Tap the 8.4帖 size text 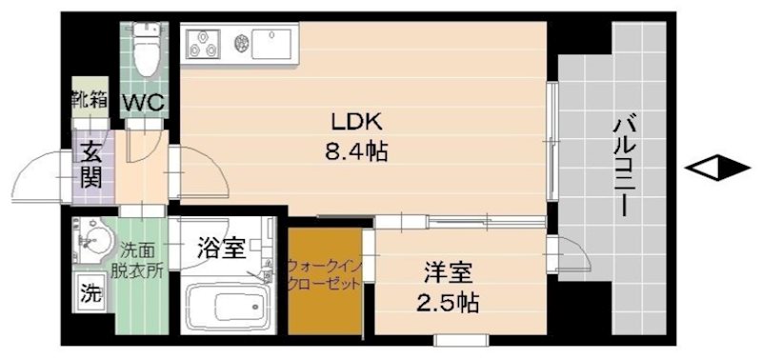click(356, 151)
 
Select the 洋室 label click(448, 274)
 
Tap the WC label click(144, 101)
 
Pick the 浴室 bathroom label click(220, 250)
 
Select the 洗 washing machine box click(90, 292)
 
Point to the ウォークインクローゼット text click(324, 276)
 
